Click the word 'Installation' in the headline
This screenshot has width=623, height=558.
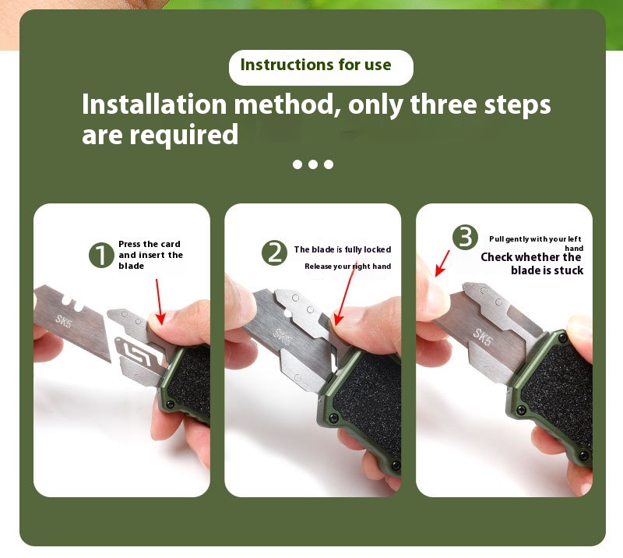154,104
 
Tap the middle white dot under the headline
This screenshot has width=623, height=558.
313,164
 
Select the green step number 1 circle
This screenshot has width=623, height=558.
101,255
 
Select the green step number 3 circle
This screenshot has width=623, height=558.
465,238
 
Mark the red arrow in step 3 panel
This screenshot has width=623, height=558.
442,262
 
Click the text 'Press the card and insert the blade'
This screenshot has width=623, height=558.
150,255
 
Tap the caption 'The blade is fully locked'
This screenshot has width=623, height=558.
342,249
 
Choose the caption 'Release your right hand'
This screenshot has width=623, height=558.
347,267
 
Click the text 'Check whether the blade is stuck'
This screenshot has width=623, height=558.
533,263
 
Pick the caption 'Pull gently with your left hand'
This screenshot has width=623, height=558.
537,242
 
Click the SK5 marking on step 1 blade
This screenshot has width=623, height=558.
63,320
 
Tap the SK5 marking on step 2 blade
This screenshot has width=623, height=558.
285,336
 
